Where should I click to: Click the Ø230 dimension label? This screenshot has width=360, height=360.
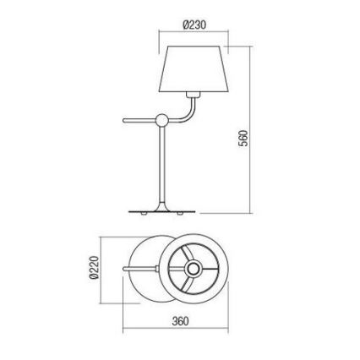click(195, 24)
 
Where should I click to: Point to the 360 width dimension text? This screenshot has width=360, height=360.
click(179, 321)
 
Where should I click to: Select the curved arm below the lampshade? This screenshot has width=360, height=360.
click(188, 110)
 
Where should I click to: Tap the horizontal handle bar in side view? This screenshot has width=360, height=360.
click(136, 119)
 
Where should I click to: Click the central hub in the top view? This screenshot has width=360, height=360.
click(195, 269)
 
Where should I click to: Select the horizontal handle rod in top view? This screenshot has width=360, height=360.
click(144, 269)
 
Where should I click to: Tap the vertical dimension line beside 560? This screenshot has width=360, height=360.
click(254, 127)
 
